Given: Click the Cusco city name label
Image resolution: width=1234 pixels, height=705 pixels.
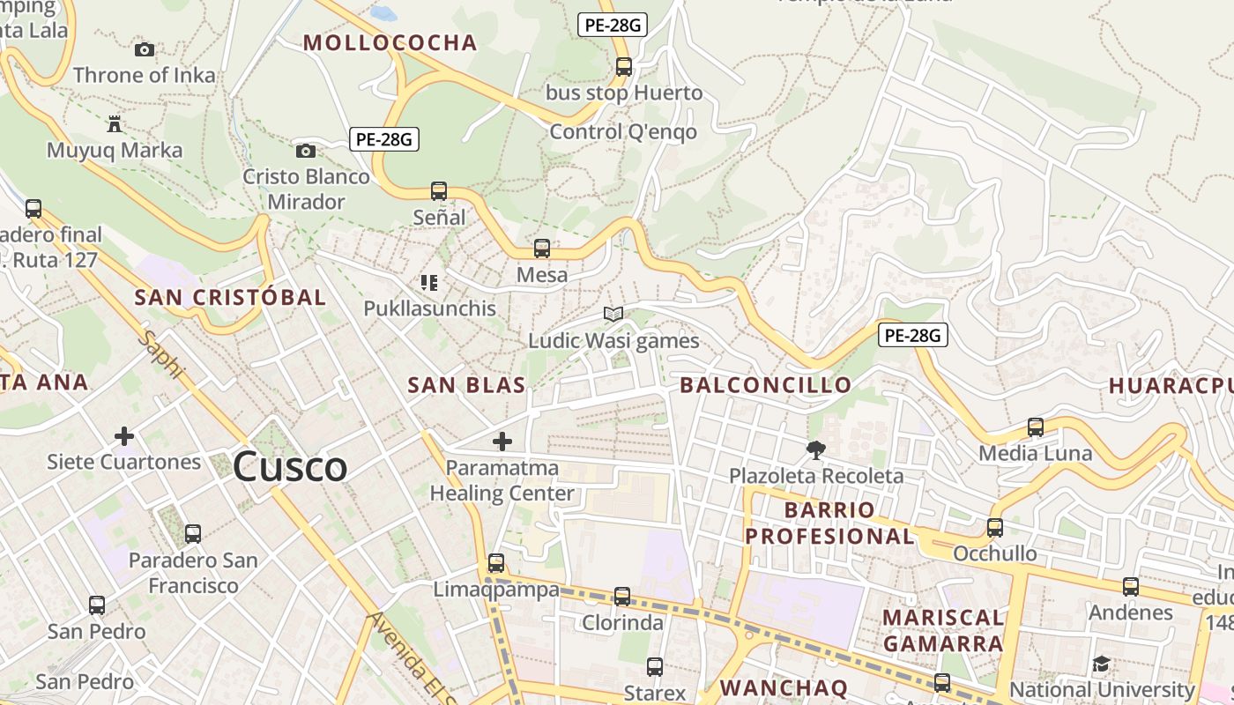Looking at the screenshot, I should pos(290,466).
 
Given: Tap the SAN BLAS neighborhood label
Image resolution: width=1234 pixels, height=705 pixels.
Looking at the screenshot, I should pos(466,385).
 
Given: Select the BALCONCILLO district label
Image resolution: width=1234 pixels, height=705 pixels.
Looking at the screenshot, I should pos(765,385).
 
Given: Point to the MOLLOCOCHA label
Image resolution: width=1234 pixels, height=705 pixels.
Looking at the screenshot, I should pos(390,43).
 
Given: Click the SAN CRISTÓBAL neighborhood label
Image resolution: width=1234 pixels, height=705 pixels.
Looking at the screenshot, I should pos(230,298).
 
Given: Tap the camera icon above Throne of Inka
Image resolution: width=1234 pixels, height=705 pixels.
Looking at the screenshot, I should pos(145,50).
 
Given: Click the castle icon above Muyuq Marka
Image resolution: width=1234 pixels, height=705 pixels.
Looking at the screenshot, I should pos(114,123).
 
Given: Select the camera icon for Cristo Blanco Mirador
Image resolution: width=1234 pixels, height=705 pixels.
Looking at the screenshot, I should pos(306,151).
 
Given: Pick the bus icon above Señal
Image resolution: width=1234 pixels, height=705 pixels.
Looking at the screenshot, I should pos(438,190).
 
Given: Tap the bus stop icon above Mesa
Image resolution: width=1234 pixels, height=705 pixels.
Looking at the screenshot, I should pos(542,249).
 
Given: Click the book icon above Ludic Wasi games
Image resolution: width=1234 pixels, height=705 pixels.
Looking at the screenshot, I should pos(613,314).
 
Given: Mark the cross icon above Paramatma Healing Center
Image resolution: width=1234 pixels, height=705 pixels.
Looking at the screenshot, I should pos(502,441).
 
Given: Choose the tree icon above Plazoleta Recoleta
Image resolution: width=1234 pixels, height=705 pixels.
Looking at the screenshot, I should pos(816,449).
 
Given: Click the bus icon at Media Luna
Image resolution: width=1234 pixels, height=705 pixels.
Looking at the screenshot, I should pos(1036,427).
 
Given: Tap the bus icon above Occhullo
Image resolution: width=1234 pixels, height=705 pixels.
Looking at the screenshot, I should pos(995,528).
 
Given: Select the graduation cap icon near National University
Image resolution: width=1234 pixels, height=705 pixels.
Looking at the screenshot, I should pos(1101,664).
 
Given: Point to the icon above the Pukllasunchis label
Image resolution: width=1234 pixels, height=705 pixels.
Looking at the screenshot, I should pos(429,283).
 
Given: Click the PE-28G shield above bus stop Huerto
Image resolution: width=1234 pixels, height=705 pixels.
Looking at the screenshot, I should pos(613,25).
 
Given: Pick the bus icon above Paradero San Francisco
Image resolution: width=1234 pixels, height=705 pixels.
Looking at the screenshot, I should pos(193,533).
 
